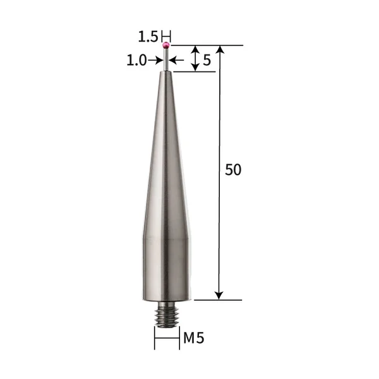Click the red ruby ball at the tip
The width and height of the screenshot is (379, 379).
(166, 45)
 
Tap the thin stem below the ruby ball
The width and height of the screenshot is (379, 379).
(166, 60)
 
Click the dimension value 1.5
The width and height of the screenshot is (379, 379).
(148, 37)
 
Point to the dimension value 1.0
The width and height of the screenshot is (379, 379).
(136, 60)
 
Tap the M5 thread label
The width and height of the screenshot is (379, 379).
(194, 339)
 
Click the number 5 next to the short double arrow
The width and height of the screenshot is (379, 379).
(207, 61)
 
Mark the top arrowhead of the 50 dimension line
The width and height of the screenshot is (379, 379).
(219, 50)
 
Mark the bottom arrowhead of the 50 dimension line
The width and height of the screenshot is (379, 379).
(219, 294)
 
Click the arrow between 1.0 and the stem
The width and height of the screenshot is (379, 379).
(156, 60)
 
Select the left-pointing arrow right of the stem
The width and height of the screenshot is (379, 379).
(176, 60)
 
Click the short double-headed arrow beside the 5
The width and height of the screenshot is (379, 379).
(196, 58)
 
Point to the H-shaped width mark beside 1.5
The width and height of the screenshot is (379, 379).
(166, 35)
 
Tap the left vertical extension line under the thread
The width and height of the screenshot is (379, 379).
(155, 335)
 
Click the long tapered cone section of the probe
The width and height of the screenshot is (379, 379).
(166, 158)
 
